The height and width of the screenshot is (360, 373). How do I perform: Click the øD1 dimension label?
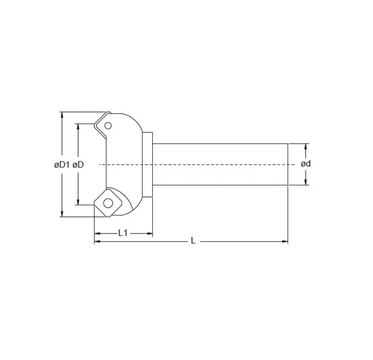pyautogui.click(x=61, y=164)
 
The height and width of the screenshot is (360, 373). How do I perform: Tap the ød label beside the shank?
pyautogui.click(x=306, y=164)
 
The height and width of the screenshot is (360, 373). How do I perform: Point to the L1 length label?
pyautogui.click(x=123, y=232)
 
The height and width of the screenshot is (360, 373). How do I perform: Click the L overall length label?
pyautogui.click(x=193, y=241)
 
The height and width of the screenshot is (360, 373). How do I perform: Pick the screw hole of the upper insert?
pyautogui.click(x=108, y=126)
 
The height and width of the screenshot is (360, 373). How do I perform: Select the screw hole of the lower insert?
pyautogui.click(x=108, y=202)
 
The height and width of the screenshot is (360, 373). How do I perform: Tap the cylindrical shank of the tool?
pyautogui.click(x=223, y=164)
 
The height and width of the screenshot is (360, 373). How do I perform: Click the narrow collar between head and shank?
pyautogui.click(x=149, y=164)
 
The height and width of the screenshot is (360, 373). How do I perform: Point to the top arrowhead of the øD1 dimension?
pyautogui.click(x=61, y=114)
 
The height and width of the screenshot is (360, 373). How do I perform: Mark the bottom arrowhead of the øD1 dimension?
pyautogui.click(x=61, y=214)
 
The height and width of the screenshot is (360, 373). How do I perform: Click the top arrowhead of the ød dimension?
pyautogui.click(x=306, y=146)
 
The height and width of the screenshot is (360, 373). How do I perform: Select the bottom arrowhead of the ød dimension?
pyautogui.click(x=306, y=182)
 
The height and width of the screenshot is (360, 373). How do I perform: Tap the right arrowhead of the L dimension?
pyautogui.click(x=285, y=241)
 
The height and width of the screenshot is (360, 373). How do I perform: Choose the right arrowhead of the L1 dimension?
pyautogui.click(x=150, y=232)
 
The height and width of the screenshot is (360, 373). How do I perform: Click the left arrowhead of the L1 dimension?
pyautogui.click(x=96, y=232)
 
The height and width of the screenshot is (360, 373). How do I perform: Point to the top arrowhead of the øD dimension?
pyautogui.click(x=78, y=126)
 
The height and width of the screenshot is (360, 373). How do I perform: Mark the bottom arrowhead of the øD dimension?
pyautogui.click(x=78, y=203)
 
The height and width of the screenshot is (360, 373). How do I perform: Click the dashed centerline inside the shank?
pyautogui.click(x=223, y=164)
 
